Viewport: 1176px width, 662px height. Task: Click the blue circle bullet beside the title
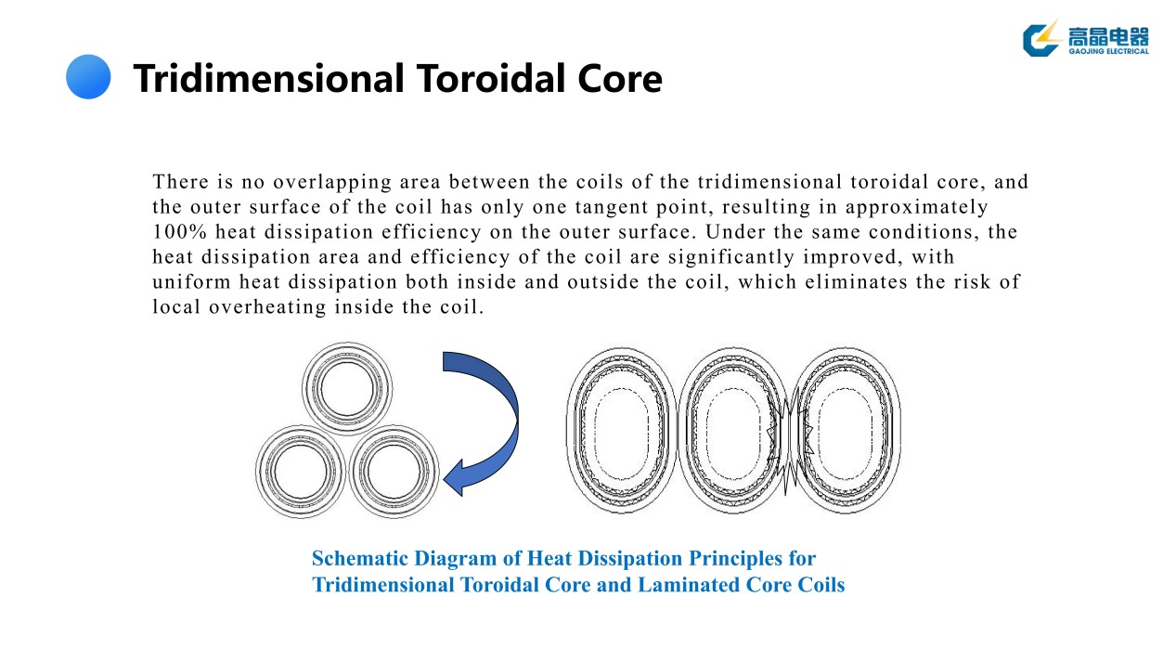[88, 77]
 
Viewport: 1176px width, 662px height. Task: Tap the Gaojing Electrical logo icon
[1042, 38]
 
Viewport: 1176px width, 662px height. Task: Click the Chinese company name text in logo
[1107, 35]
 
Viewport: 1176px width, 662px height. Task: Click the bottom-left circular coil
[301, 473]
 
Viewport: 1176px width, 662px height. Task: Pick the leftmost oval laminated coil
[622, 429]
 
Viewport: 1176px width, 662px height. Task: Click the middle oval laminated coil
[733, 429]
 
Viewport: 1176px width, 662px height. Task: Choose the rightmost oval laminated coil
[846, 429]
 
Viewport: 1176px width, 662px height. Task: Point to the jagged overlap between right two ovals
[790, 429]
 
